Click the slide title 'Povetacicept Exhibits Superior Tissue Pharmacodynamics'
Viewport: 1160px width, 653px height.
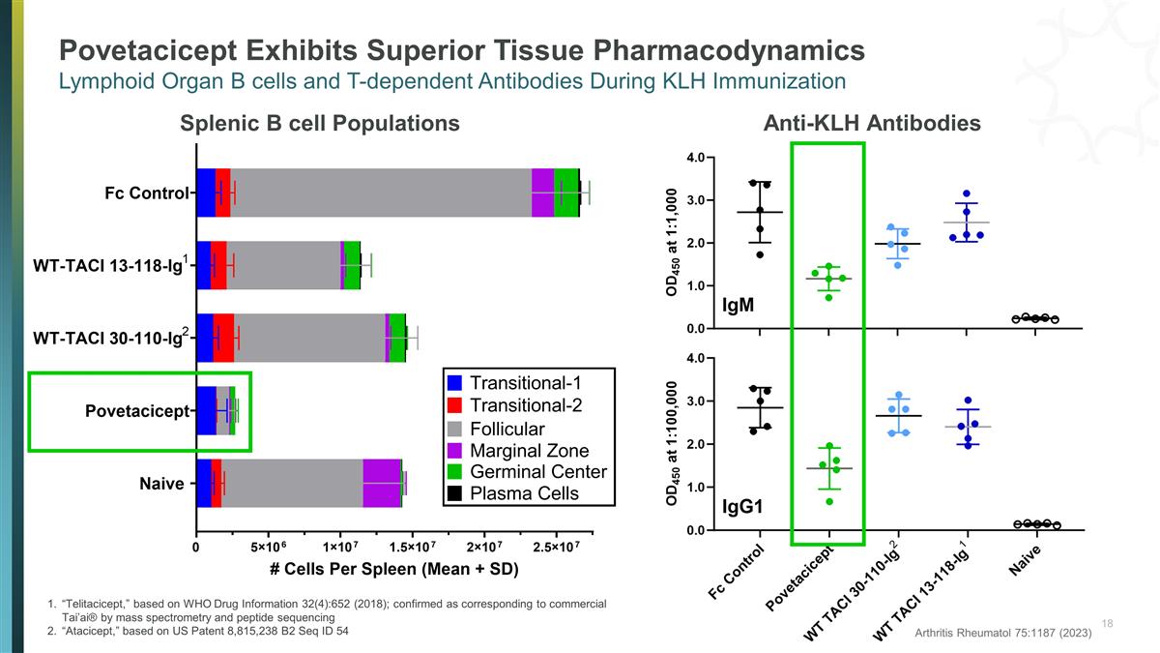coord(462,49)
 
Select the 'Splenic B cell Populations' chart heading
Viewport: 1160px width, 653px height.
coord(319,123)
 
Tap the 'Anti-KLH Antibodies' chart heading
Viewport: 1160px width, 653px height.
coord(872,123)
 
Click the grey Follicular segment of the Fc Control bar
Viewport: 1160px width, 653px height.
coord(381,193)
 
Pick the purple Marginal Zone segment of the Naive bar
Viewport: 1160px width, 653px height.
coord(382,483)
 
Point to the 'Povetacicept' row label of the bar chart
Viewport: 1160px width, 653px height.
coord(136,411)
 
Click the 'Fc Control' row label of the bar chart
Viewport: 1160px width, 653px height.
coord(146,193)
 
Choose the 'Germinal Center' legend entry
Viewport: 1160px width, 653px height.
coord(537,472)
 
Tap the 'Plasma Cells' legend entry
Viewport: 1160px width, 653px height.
coord(524,494)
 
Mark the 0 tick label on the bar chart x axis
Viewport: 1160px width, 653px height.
coord(196,549)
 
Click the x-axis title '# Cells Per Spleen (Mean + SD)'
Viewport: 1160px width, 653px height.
coord(393,569)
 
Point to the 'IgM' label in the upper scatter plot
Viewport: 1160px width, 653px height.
coord(739,306)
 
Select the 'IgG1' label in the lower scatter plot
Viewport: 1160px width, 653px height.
coord(743,507)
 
